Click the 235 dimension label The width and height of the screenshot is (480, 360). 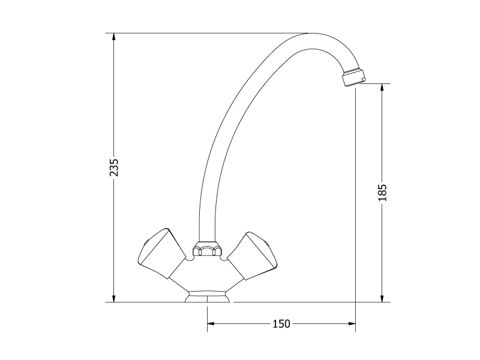pyautogui.click(x=114, y=167)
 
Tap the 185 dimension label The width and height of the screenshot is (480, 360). pyautogui.click(x=382, y=193)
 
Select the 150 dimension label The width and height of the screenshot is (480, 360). pyautogui.click(x=281, y=323)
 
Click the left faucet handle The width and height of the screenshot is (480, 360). pyautogui.click(x=161, y=253)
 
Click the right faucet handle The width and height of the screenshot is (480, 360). pyautogui.click(x=252, y=256)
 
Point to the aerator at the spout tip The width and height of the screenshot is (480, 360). pyautogui.click(x=354, y=77)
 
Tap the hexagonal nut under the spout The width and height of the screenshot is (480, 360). pyautogui.click(x=207, y=248)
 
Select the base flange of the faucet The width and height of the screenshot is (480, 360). pyautogui.click(x=207, y=296)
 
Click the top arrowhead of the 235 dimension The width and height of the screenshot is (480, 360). pyautogui.click(x=114, y=37)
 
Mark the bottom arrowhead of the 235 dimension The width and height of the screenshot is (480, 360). pyautogui.click(x=114, y=298)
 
